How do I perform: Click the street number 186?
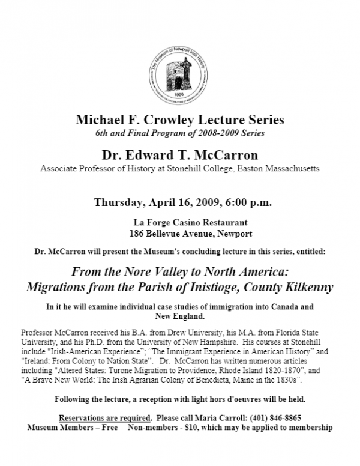[137, 233]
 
